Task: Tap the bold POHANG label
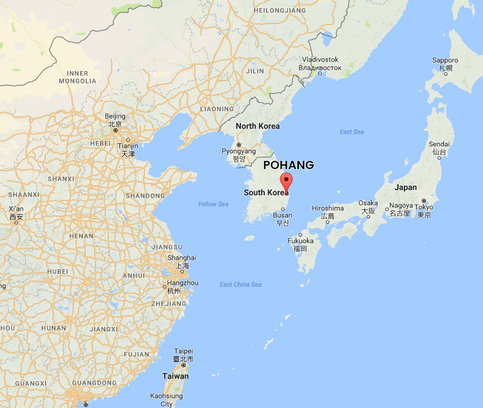click(289, 165)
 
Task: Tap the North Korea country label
click(257, 126)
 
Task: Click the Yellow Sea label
click(213, 204)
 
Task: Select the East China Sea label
click(240, 284)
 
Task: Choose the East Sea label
click(351, 132)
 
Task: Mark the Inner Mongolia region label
click(77, 77)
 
